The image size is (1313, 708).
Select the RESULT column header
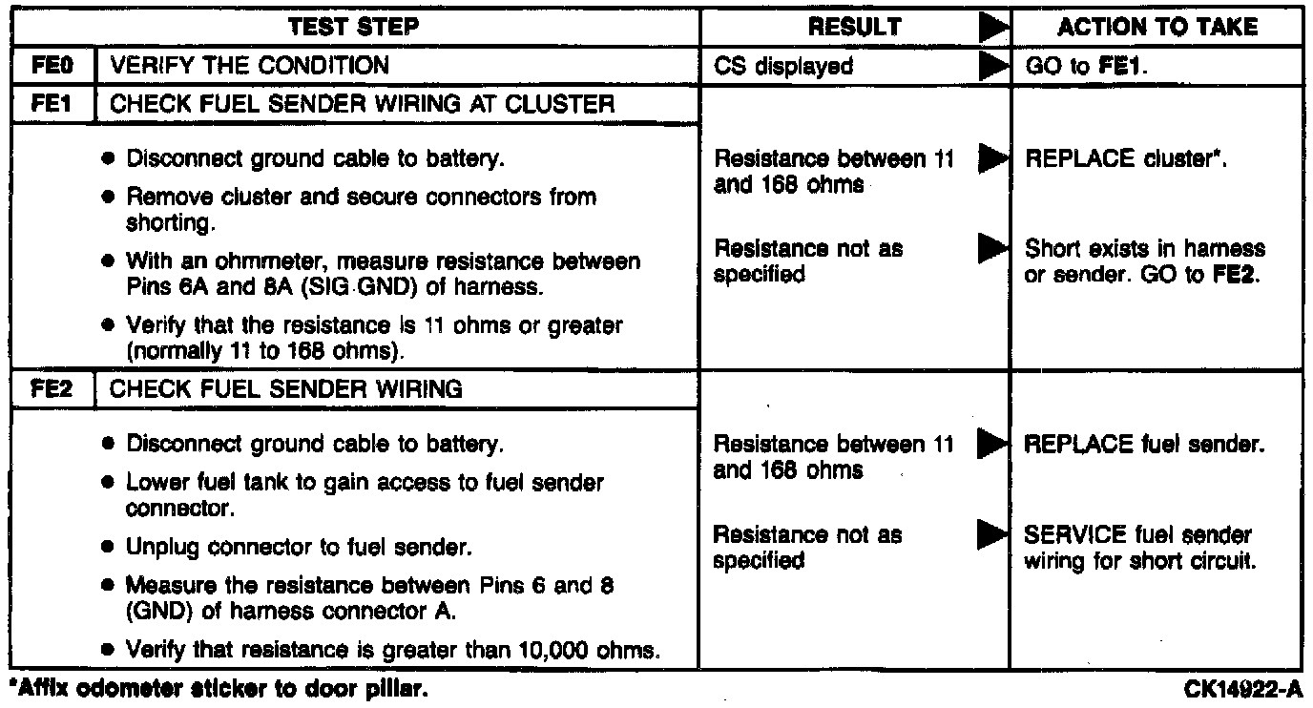[x=854, y=28]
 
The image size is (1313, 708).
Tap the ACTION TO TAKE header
[x=1157, y=28]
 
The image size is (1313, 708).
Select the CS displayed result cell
[x=783, y=66]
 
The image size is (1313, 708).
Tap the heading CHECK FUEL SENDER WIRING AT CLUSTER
[x=363, y=103]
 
